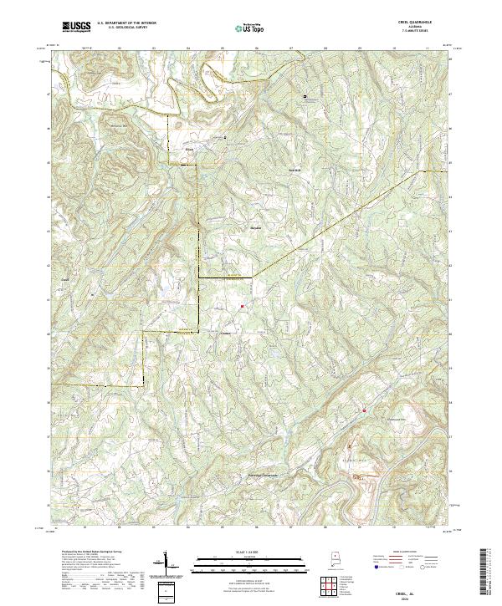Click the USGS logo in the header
tap(76, 27)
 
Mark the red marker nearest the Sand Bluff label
tap(243, 307)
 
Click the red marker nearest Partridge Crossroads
tap(364, 410)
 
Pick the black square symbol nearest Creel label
tap(223, 137)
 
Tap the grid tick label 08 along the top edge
tap(324, 48)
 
